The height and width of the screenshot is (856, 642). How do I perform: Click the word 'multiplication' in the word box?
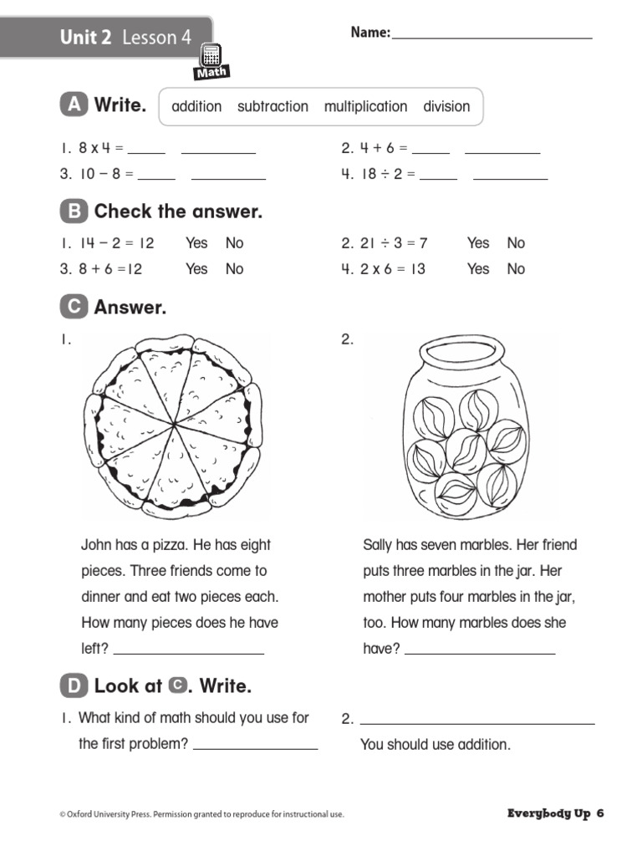click(365, 106)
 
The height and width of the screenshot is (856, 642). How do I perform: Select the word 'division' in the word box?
click(446, 106)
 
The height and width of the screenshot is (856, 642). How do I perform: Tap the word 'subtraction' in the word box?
click(273, 106)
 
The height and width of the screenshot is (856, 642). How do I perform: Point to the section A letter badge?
click(74, 105)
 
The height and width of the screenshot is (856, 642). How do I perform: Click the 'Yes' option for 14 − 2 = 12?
click(196, 242)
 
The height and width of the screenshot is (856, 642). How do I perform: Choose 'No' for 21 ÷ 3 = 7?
click(516, 242)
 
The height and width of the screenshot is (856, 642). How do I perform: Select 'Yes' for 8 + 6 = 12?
click(196, 268)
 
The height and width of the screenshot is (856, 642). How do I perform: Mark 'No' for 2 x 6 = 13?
click(516, 268)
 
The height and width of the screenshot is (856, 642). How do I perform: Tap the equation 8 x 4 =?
click(100, 148)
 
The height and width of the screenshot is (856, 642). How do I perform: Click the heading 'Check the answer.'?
click(178, 211)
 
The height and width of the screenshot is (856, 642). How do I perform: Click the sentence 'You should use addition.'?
click(435, 744)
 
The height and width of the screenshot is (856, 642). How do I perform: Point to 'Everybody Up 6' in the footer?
click(555, 813)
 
